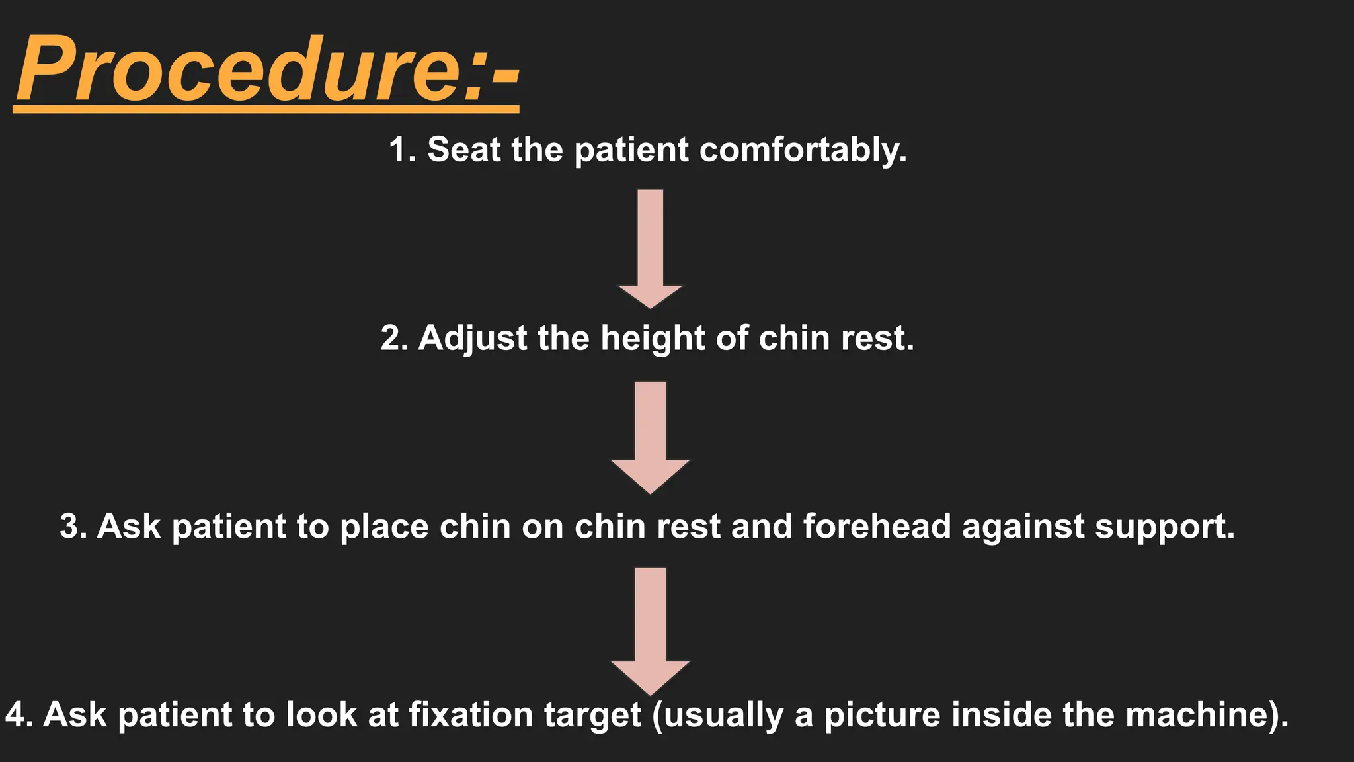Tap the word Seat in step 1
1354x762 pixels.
pyautogui.click(x=463, y=149)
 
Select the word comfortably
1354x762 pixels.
pyautogui.click(x=803, y=151)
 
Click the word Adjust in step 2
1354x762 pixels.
pyautogui.click(x=472, y=339)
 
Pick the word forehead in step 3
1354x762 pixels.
pyautogui.click(x=877, y=527)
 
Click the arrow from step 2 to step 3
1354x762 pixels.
pyautogui.click(x=651, y=437)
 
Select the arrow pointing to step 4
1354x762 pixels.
pyautogui.click(x=651, y=629)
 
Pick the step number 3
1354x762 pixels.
pyautogui.click(x=72, y=527)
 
